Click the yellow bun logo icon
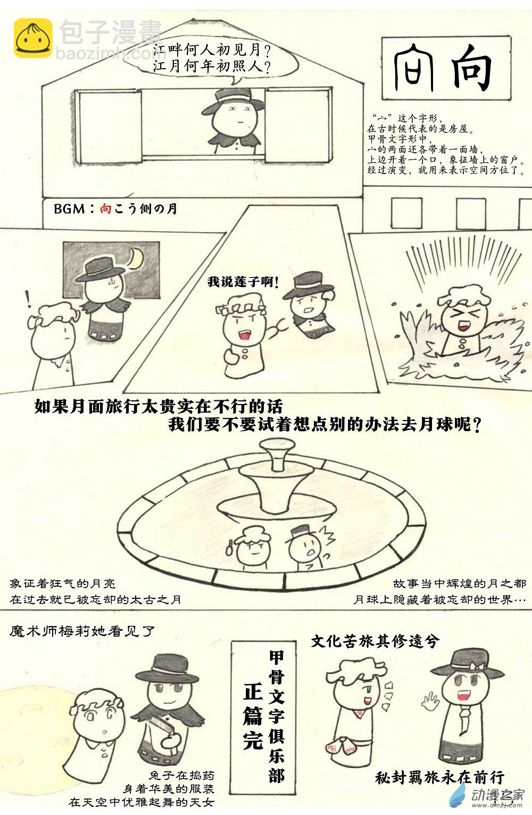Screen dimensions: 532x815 pos(32,38)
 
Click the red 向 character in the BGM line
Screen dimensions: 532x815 pos(105,209)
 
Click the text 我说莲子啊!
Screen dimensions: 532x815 pos(243,281)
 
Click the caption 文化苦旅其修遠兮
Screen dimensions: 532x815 pos(375,641)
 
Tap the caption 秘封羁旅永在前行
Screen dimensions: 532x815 pos(439,778)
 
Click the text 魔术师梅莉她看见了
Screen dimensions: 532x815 pos(82,631)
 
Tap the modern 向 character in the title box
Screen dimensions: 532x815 pos(471,68)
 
